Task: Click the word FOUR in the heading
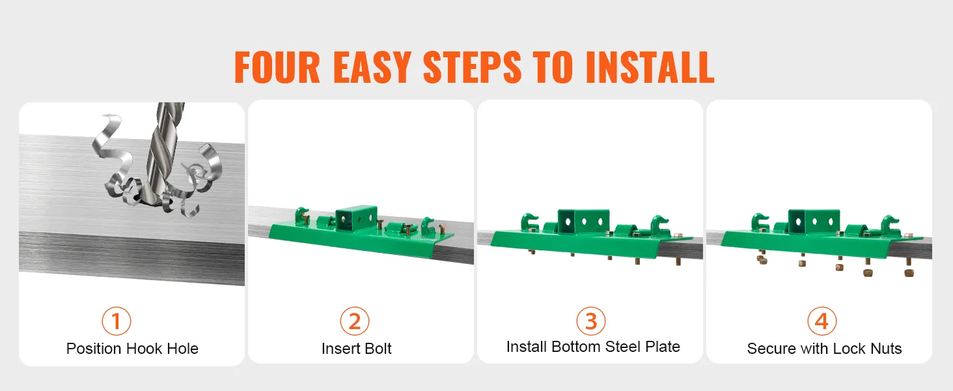point(277,67)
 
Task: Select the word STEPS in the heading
point(472,67)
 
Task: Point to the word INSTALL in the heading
point(650,67)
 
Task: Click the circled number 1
point(116,321)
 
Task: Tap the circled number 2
point(354,321)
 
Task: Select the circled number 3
point(590,321)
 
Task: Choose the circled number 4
point(822,321)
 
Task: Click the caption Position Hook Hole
point(132,349)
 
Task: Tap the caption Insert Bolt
point(356,349)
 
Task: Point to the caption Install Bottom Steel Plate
point(593,347)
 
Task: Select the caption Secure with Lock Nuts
point(824,349)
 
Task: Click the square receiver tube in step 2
point(356,218)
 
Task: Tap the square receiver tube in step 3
point(583,222)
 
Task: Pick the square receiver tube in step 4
point(814,222)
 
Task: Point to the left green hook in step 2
point(302,216)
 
